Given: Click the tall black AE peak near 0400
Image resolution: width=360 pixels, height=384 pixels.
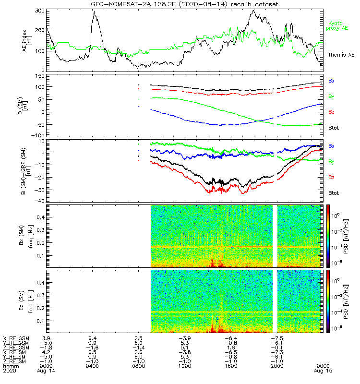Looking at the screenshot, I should [95, 13].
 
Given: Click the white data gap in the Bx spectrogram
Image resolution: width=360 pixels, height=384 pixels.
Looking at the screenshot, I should [275, 235].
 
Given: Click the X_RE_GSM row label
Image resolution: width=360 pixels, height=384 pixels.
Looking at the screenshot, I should [15, 338].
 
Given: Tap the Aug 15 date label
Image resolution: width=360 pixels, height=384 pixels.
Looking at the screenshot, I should [322, 370].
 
